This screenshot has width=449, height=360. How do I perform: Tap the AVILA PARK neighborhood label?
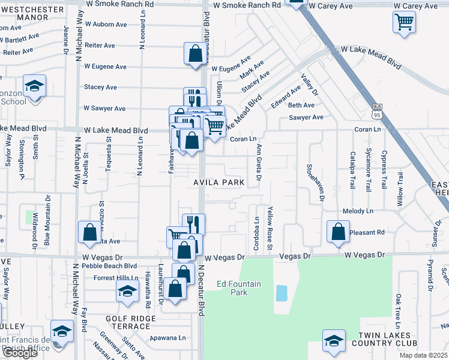coord(218,182)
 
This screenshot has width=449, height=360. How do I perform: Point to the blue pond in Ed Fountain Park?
coord(281,293)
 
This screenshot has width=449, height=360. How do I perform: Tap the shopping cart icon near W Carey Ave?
coord(404,22)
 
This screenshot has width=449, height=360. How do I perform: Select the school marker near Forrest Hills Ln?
coord(127,292)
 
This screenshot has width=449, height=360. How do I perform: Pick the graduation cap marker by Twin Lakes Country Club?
coord(333,340)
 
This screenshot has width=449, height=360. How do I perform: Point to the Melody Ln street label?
coord(358,211)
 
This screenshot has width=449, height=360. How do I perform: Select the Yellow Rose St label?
coord(270,229)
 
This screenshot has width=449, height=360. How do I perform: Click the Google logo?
coord(19,353)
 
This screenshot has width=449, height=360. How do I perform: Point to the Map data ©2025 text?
coord(424,355)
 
